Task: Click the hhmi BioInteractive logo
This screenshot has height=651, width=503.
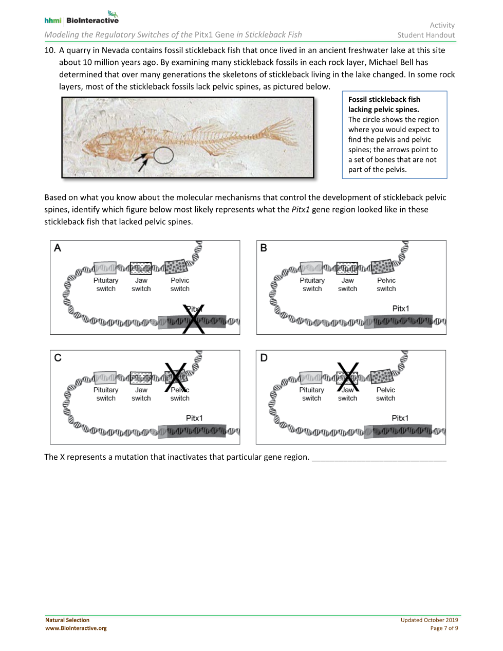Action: (x=81, y=19)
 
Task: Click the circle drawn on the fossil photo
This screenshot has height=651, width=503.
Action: (x=163, y=155)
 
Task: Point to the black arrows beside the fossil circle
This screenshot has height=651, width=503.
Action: (x=141, y=161)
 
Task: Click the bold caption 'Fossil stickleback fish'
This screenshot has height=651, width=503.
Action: (x=384, y=99)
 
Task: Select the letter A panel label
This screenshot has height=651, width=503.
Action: (x=58, y=248)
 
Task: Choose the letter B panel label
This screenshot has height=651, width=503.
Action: (x=264, y=248)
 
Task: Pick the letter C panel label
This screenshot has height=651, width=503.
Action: (x=58, y=357)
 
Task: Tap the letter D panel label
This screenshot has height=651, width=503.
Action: (x=264, y=357)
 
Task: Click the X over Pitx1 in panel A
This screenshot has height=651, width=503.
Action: (x=194, y=319)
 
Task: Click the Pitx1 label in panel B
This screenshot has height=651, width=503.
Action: (x=400, y=309)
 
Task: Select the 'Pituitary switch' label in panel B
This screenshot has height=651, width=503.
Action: (x=312, y=284)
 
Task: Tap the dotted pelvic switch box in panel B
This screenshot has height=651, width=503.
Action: (x=382, y=267)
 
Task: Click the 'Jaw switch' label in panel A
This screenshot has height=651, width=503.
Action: (x=141, y=284)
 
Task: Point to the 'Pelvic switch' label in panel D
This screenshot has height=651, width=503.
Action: (x=385, y=394)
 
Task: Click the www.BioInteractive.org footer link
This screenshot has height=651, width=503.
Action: (x=76, y=628)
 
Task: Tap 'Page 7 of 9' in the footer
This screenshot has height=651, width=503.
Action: (x=444, y=628)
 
